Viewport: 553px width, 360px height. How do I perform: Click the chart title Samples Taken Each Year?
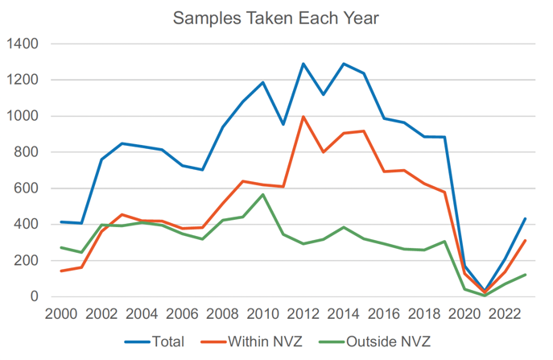[x=276, y=17]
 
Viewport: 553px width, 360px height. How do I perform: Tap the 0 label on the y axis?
[x=34, y=297]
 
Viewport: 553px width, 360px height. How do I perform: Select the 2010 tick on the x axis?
[x=262, y=314]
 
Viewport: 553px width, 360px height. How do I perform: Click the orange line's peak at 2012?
[x=303, y=117]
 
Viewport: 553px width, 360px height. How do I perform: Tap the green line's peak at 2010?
[x=262, y=194]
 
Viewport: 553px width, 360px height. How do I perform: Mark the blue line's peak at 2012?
[x=303, y=64]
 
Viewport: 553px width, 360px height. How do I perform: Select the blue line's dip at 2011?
[x=283, y=125]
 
